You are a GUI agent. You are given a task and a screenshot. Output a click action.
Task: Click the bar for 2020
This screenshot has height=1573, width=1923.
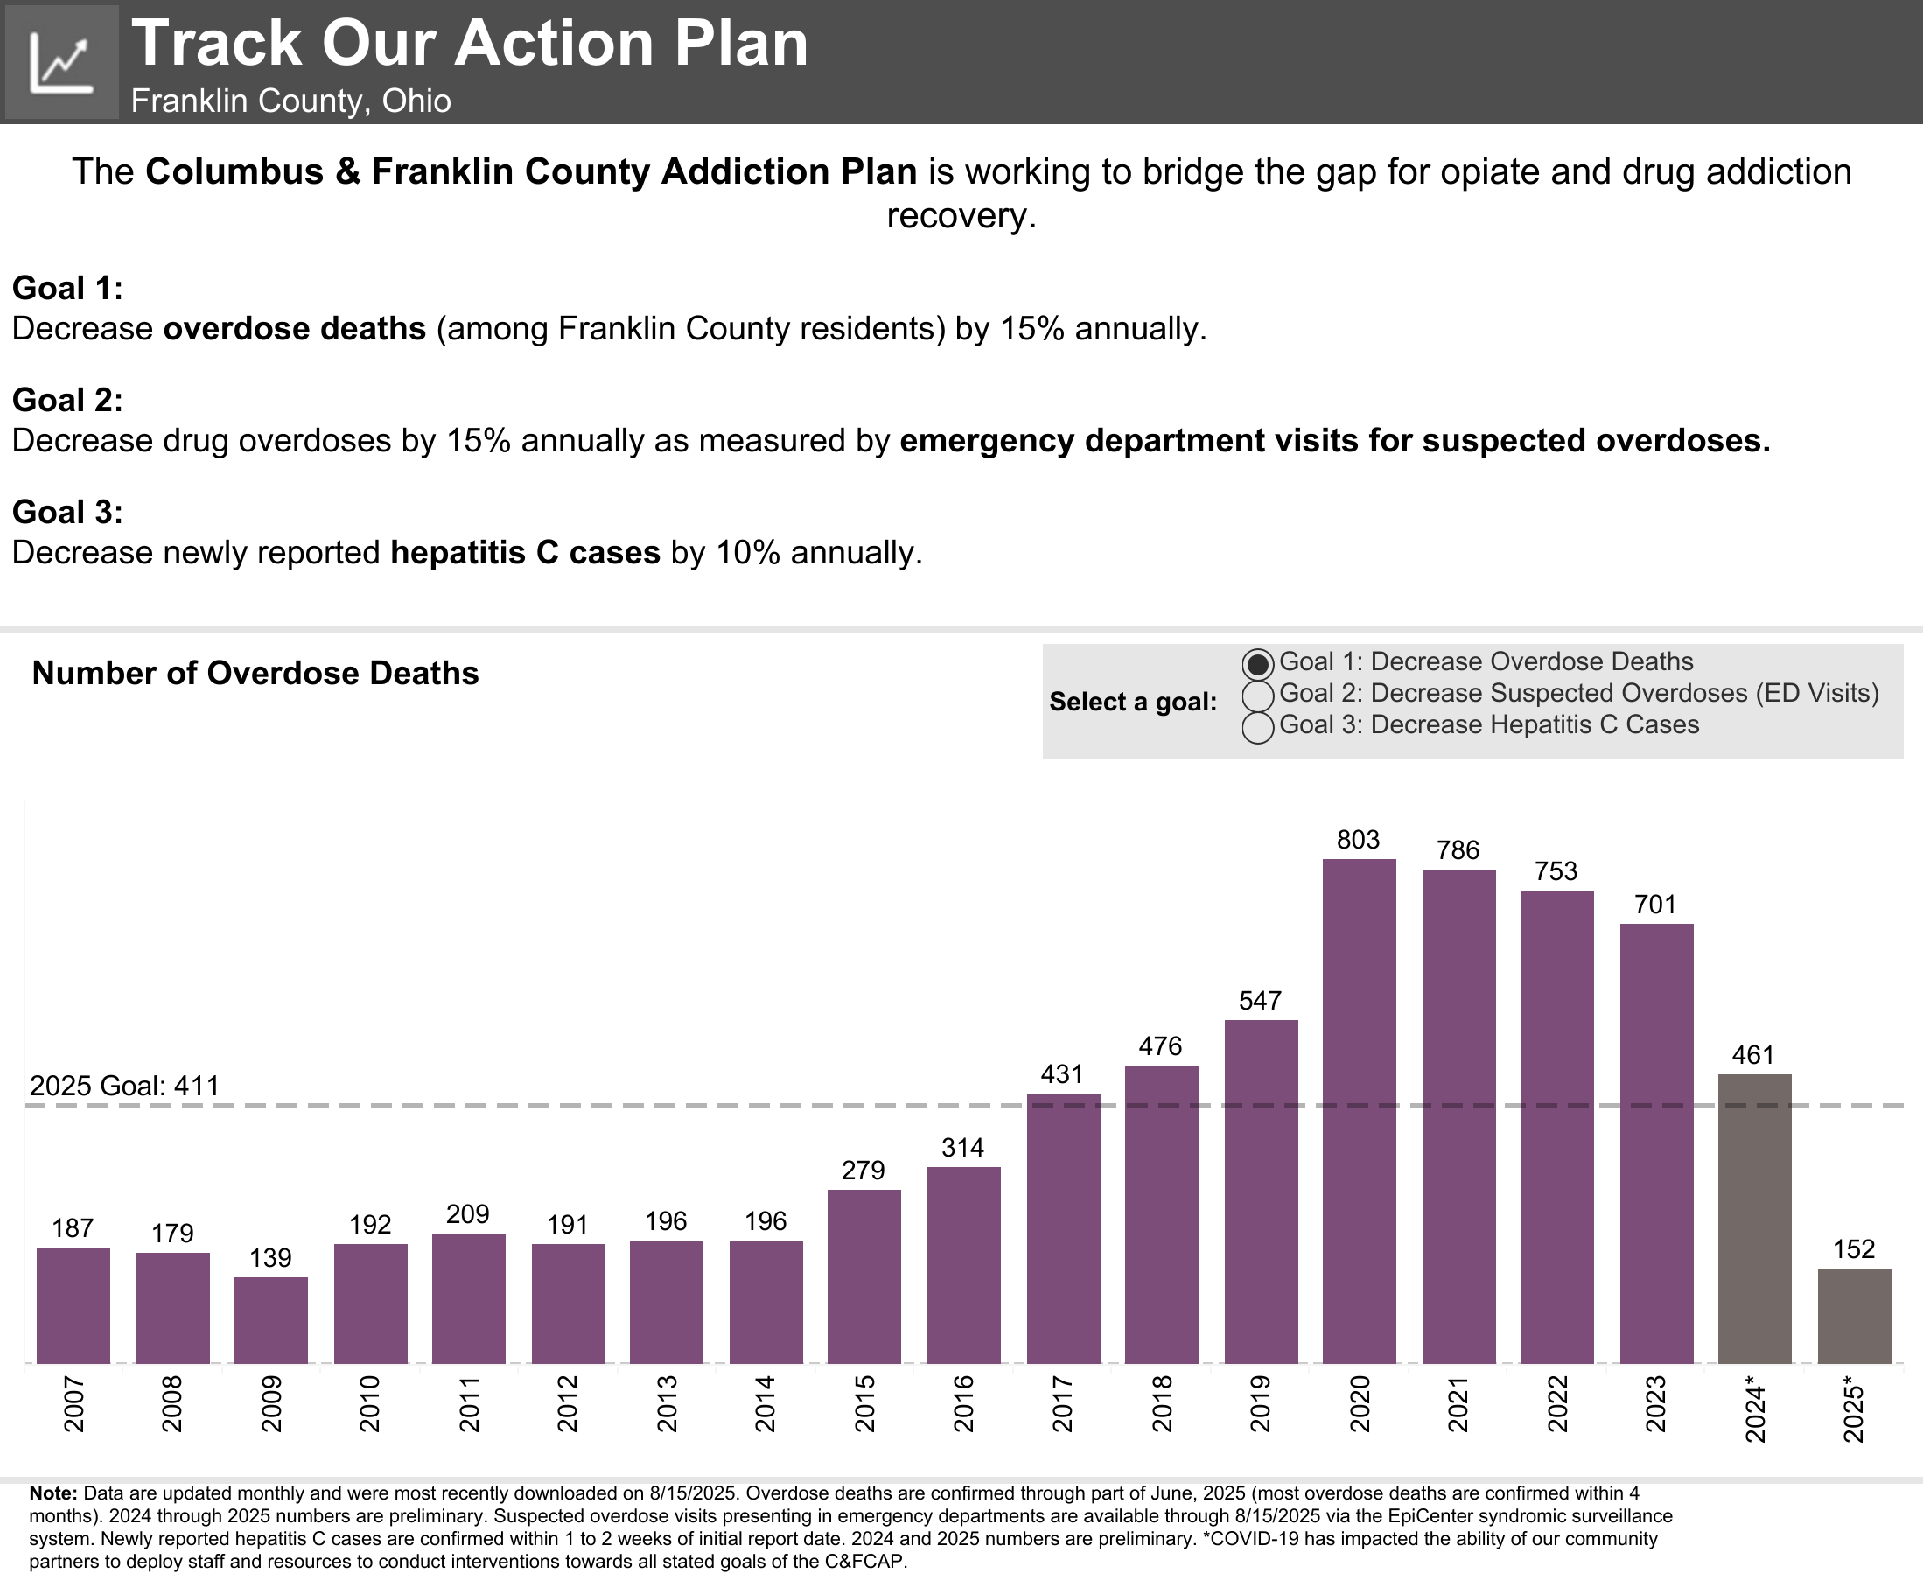[1359, 1110]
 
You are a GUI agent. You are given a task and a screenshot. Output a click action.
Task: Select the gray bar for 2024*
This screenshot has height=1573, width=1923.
[1754, 1218]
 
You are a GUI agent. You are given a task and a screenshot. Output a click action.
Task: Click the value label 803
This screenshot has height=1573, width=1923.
[1359, 840]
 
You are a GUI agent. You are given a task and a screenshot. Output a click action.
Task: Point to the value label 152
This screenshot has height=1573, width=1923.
[1853, 1249]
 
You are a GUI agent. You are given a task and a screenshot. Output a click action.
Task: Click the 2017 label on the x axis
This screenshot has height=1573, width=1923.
[1062, 1403]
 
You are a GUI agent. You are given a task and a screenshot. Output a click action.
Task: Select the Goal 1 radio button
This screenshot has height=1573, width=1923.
[1258, 664]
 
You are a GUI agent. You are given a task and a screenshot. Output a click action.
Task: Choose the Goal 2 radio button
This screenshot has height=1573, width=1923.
[1258, 695]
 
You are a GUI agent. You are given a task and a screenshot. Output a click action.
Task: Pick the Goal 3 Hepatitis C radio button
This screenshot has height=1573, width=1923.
[1258, 727]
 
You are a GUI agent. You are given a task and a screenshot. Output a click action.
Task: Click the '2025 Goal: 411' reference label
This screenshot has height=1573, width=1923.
[124, 1086]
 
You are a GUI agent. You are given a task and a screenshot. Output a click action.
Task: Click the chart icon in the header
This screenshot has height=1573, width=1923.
[60, 61]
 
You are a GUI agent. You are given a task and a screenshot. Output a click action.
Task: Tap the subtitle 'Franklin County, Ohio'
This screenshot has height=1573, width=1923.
[290, 101]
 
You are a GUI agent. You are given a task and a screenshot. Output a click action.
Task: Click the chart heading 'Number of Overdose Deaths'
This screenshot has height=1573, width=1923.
[255, 674]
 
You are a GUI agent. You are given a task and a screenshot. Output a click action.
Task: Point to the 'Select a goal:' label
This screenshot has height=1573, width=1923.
[1132, 702]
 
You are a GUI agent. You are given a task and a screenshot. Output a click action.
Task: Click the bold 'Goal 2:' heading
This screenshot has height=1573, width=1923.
[67, 400]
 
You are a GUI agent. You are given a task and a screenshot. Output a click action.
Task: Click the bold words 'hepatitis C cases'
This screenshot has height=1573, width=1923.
[525, 552]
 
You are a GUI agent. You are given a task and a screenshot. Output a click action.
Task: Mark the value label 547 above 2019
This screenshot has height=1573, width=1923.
[1260, 1000]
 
